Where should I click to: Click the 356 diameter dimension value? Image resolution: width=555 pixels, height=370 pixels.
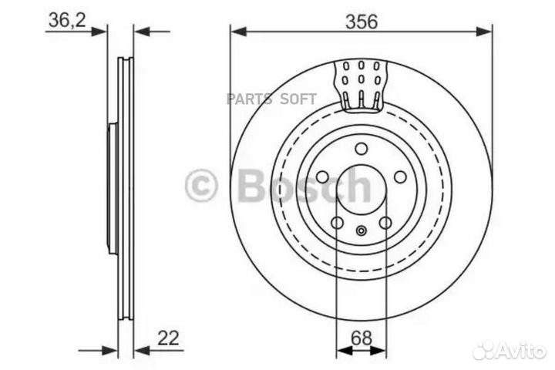361,22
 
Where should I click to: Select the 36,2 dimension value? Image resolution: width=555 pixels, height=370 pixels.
66,21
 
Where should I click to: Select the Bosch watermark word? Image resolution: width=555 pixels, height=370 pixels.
304,187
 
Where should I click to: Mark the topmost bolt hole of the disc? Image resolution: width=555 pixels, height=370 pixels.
361,149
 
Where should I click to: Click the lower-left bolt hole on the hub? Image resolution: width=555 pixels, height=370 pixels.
337,223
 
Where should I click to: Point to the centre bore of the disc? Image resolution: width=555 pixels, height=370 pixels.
361,189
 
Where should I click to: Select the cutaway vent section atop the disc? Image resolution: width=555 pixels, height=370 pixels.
361,83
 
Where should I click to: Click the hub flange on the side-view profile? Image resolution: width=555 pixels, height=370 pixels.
113,189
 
